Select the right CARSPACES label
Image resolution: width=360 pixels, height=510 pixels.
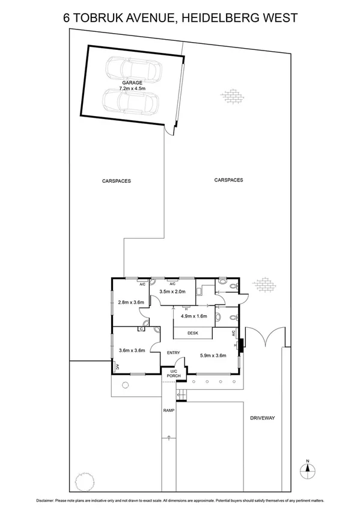(x=228, y=179)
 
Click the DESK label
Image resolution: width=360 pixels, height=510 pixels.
(x=193, y=333)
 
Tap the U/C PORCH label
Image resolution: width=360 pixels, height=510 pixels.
(x=175, y=373)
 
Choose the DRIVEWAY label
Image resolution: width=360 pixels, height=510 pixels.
(x=262, y=416)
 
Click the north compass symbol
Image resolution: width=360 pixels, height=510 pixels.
(x=307, y=470)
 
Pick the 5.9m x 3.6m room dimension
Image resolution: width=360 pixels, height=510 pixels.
(x=213, y=355)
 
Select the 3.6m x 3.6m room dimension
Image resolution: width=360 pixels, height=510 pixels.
(x=132, y=351)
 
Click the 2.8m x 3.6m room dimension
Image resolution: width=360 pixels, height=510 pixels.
(x=130, y=302)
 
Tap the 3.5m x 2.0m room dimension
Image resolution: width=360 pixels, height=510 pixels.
(x=172, y=292)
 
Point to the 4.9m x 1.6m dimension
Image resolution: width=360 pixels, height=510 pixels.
(x=194, y=315)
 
